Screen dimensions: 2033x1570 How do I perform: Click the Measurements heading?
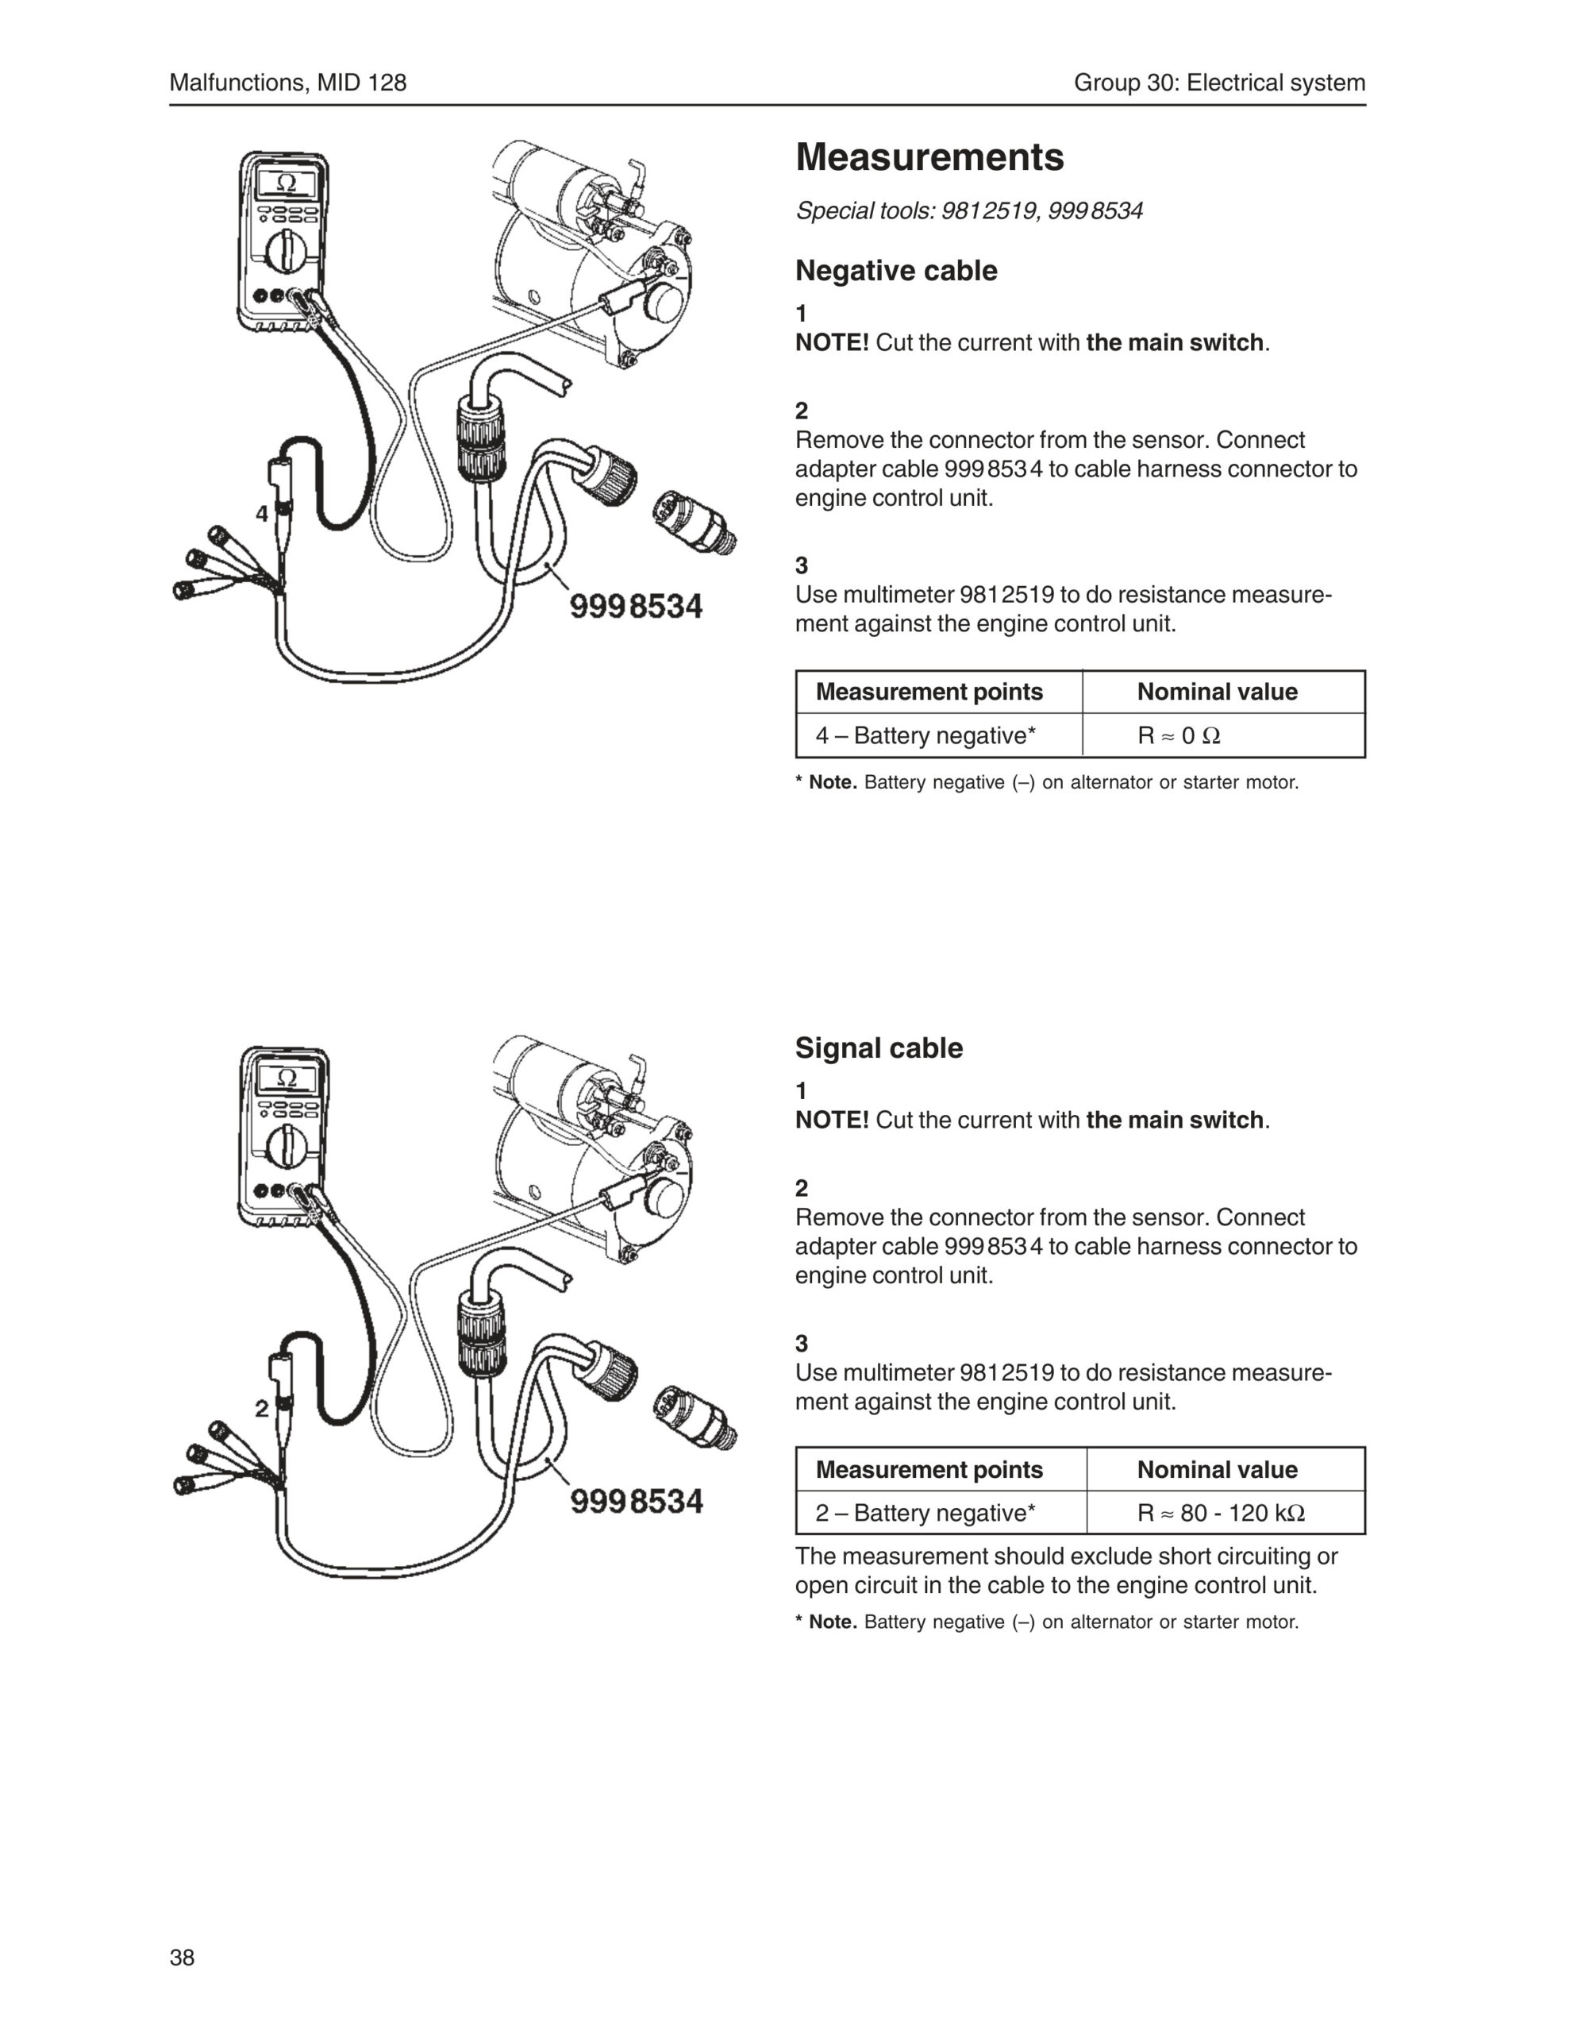click(x=929, y=156)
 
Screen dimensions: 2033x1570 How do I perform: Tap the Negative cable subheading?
click(x=895, y=271)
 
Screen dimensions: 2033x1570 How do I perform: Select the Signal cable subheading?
click(x=879, y=1048)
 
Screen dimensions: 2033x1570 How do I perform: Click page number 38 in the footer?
click(x=183, y=1957)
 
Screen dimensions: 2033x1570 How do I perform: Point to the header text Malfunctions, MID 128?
click(x=287, y=83)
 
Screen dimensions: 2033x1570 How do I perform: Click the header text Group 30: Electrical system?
click(x=1219, y=83)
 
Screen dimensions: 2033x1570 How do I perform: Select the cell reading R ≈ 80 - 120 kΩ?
click(x=1220, y=1513)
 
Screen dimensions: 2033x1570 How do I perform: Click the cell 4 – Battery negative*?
click(x=925, y=735)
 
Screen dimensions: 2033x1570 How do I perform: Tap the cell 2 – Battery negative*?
click(x=925, y=1513)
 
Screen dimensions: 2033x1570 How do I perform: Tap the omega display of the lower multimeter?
click(x=287, y=1078)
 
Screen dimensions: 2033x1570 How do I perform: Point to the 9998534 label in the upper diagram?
click(x=636, y=607)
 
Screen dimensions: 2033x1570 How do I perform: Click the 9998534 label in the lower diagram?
click(x=636, y=1502)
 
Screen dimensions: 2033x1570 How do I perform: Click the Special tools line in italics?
click(x=968, y=211)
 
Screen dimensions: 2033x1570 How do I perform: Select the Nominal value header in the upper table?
click(x=1216, y=692)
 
